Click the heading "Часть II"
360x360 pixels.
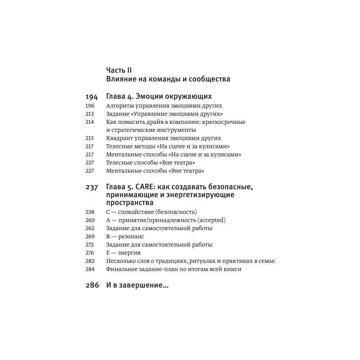coord(119,70)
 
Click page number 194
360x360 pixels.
coord(91,97)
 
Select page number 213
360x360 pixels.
coord(90,114)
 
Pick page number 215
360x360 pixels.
coord(90,138)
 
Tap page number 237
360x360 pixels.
coord(91,187)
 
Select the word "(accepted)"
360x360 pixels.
coord(211,220)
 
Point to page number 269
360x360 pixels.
coord(90,236)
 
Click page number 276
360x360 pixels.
coord(90,253)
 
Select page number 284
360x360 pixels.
coord(90,269)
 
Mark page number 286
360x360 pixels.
coord(92,285)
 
